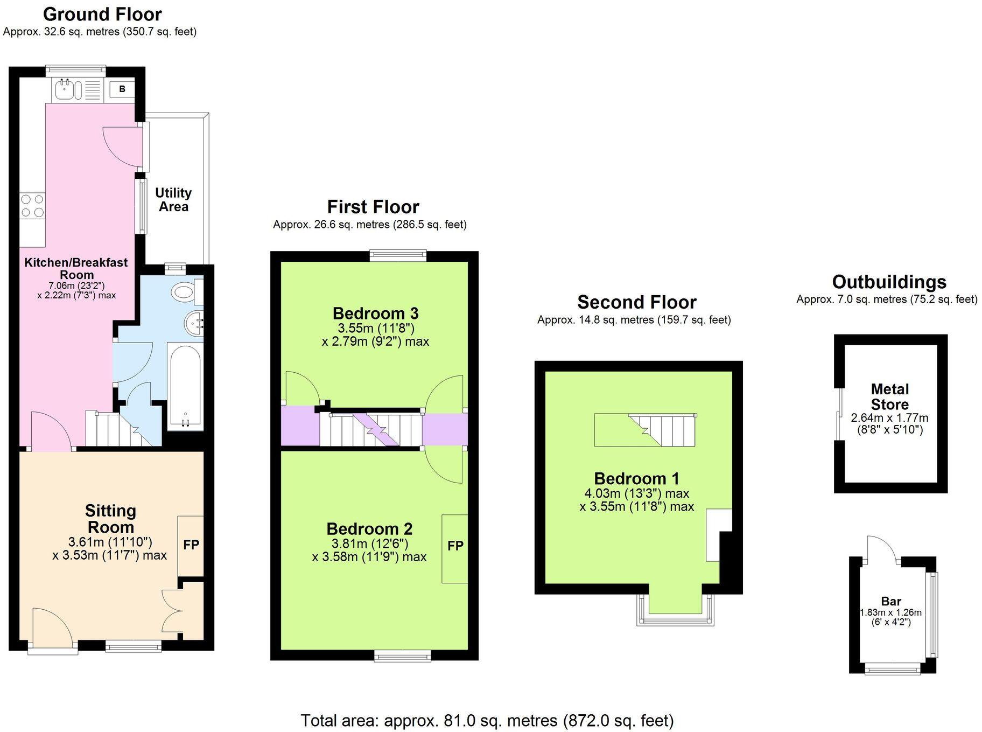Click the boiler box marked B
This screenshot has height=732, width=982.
[x=122, y=89]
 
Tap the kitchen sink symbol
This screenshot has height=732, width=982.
[x=67, y=89]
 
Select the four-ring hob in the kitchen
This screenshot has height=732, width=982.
[x=32, y=206]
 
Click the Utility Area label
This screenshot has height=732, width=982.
[x=173, y=200]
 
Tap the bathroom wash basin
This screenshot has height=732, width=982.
[x=194, y=324]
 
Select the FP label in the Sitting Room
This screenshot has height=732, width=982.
[x=191, y=545]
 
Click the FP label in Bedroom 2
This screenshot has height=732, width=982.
[x=455, y=546]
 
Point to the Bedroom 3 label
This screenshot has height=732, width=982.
[x=375, y=313]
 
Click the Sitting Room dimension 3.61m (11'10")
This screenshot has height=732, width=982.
[x=110, y=542]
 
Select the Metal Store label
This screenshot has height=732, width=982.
[x=889, y=397]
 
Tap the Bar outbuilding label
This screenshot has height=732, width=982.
[x=891, y=601]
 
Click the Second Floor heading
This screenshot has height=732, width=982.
[x=637, y=302]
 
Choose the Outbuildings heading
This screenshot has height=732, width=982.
[x=889, y=282]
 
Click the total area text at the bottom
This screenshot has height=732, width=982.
[x=487, y=720]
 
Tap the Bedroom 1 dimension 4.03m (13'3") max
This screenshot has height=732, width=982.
[x=636, y=493]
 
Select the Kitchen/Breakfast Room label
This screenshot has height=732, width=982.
[x=76, y=268]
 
